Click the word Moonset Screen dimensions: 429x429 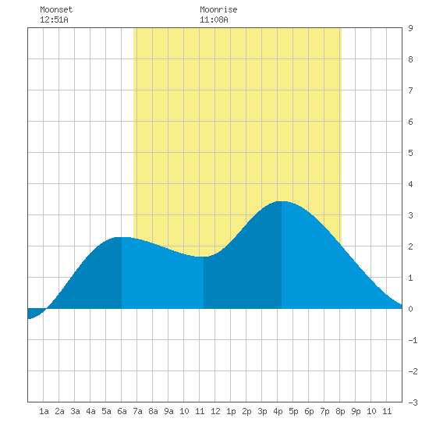(56, 9)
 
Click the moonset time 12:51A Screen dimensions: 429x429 (54, 19)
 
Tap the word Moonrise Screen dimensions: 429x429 (218, 9)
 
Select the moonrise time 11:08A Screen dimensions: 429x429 (214, 19)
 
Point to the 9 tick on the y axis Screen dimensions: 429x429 (410, 28)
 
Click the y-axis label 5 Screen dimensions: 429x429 (410, 153)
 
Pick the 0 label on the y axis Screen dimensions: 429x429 (410, 309)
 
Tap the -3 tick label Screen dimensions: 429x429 (413, 402)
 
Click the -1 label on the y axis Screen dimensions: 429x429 (413, 340)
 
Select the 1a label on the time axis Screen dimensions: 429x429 (44, 411)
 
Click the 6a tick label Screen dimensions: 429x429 (122, 411)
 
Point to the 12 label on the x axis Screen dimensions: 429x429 (215, 411)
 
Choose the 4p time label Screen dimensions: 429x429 (278, 411)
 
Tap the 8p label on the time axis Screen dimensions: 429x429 (340, 411)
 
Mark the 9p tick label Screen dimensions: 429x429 (356, 411)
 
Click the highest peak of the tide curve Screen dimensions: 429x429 (282, 202)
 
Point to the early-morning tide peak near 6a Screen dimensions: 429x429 (122, 237)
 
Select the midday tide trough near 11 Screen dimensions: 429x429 (204, 257)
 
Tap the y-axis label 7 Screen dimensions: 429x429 (410, 90)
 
